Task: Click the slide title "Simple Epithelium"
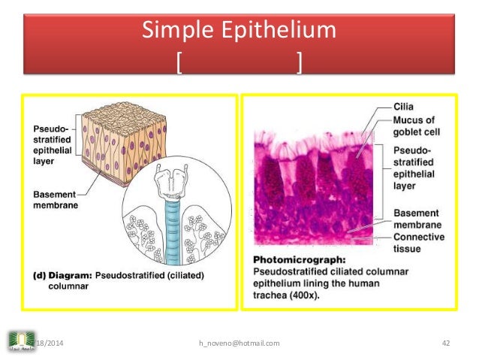point(239,32)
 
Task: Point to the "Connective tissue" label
point(418,243)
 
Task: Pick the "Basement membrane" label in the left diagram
point(54,199)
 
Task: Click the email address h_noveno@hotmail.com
point(239,343)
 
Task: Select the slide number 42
point(445,343)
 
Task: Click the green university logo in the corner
point(19,342)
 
